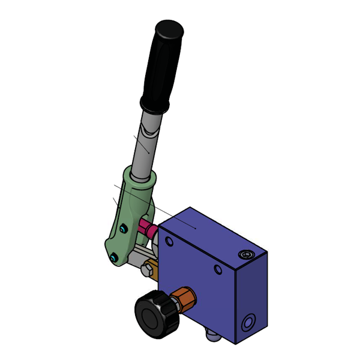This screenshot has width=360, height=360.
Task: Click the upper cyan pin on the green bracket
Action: coord(123,228)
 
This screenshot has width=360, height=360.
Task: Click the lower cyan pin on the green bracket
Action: coord(113,259)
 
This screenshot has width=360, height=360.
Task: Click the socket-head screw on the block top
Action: coord(245,254)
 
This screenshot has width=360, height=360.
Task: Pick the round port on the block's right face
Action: coord(247,324)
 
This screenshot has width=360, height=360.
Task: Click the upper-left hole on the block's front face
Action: coord(169,242)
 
